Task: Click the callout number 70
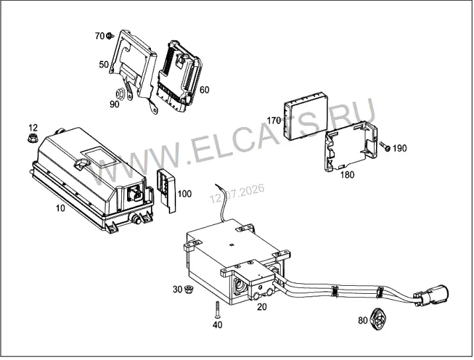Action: [99, 36]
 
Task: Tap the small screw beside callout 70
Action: [110, 36]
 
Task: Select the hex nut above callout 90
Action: [119, 94]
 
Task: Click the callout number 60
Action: [205, 90]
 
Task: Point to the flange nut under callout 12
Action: [32, 138]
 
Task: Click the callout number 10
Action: [60, 208]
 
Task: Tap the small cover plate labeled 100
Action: [166, 191]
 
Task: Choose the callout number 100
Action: [185, 194]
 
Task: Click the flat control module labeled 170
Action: [306, 116]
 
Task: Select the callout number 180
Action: [347, 175]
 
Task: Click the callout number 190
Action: [400, 148]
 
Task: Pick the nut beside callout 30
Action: [189, 289]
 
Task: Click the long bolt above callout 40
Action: [217, 309]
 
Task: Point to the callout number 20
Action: [262, 307]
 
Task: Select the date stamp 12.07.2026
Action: [237, 193]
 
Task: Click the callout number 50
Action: [104, 64]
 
